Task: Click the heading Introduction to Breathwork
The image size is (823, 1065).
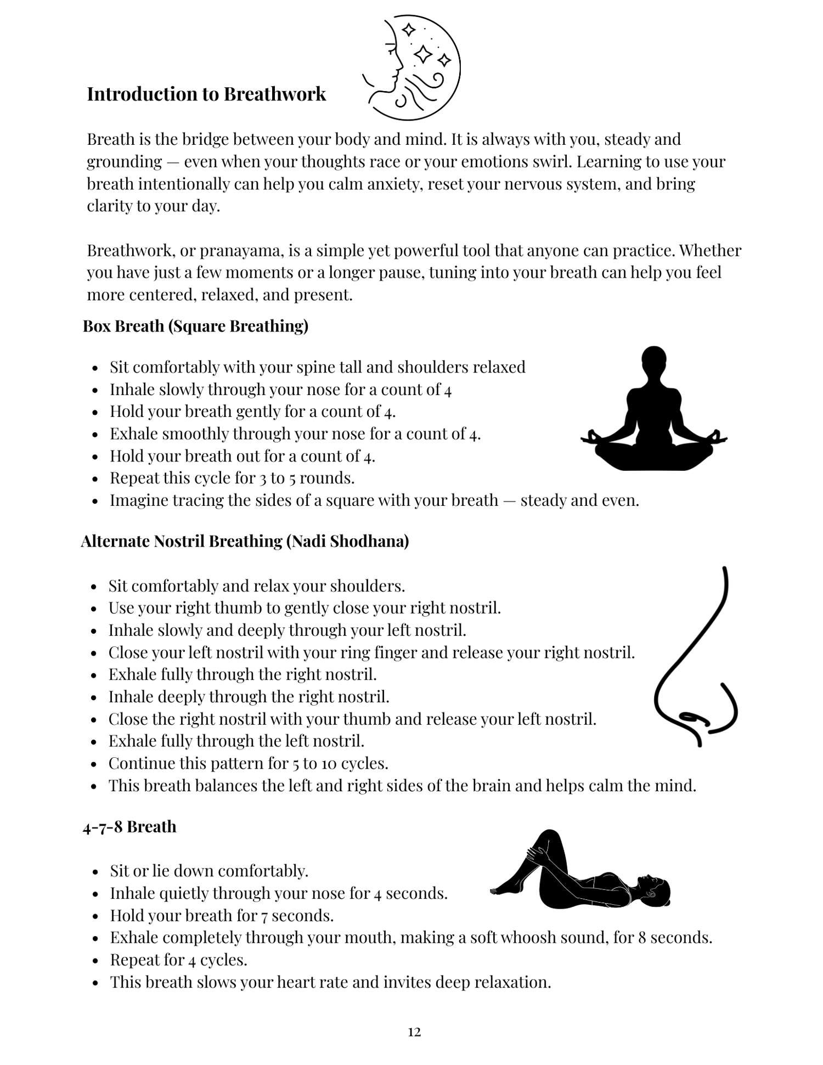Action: pos(206,94)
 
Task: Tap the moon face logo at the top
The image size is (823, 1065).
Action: pos(411,67)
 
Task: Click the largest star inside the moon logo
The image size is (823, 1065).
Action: pos(423,54)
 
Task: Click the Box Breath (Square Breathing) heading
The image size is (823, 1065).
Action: pos(195,326)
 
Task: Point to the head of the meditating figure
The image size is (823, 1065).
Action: pos(653,359)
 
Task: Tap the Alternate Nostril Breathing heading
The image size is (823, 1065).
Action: pos(245,542)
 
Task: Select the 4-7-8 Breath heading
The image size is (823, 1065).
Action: pos(129,827)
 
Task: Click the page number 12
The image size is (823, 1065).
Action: pos(414,1032)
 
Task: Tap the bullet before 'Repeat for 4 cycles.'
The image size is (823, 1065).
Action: pos(96,961)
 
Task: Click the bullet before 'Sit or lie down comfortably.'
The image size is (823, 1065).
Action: pos(96,872)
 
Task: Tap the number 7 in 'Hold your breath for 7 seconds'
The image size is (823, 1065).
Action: pos(264,916)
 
